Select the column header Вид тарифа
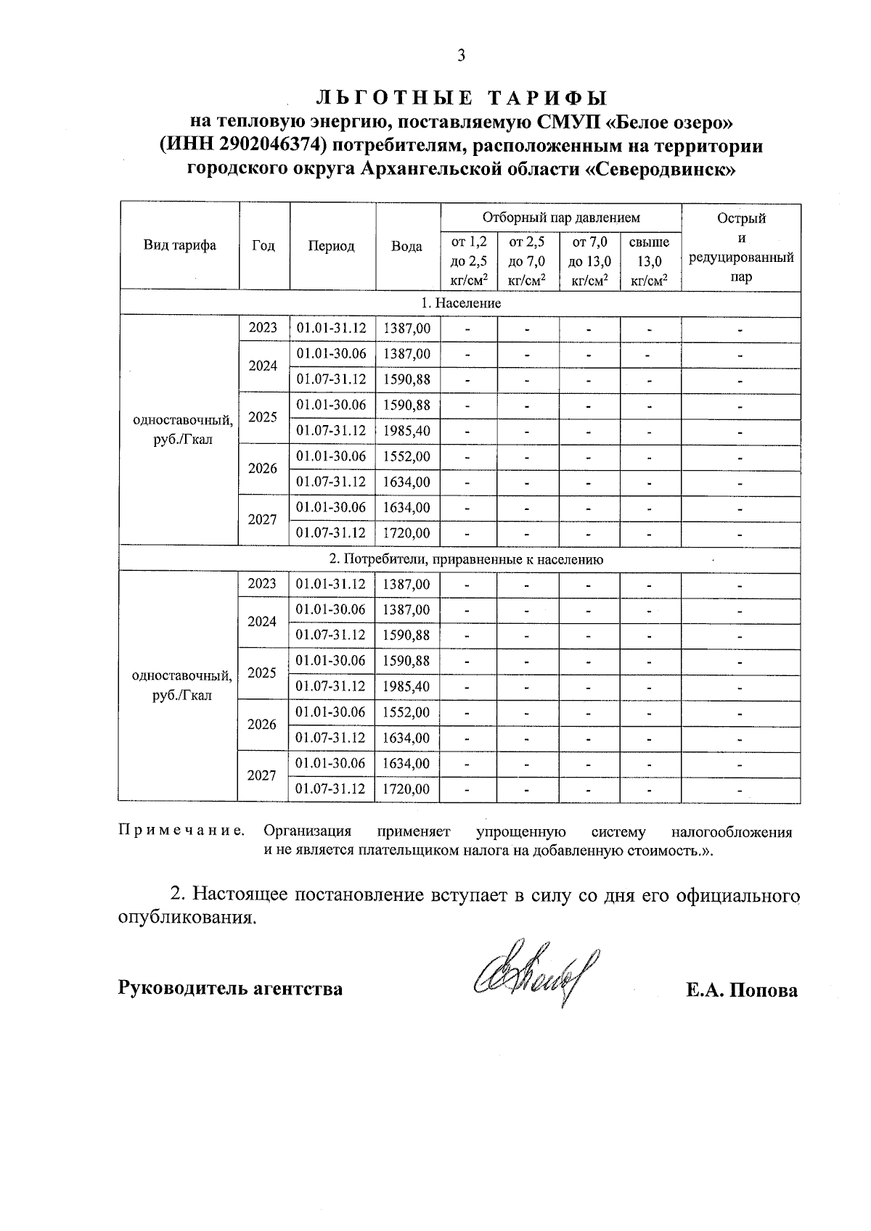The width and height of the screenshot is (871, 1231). (179, 246)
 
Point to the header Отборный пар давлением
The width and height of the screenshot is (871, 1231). (560, 218)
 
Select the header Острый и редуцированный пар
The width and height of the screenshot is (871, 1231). (740, 247)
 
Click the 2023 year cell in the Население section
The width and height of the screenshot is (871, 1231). (263, 328)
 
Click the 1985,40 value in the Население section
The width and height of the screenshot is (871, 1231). (406, 431)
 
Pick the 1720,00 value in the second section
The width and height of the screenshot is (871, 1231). (406, 789)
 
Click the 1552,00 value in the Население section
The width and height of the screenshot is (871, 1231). (406, 456)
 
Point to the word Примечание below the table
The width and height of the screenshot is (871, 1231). (181, 831)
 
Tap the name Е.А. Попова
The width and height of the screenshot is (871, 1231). (741, 990)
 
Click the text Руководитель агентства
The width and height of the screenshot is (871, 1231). (230, 988)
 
